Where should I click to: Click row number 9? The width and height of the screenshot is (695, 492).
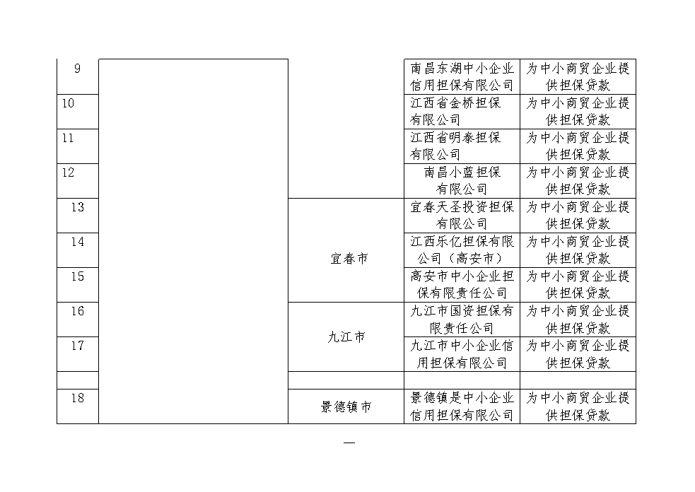[x=77, y=69]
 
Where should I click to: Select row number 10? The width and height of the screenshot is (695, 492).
[x=68, y=103]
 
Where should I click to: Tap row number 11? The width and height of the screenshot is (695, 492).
[x=68, y=139]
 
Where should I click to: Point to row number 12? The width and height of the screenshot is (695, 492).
[x=68, y=172]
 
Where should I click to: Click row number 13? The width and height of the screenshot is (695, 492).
[x=78, y=207]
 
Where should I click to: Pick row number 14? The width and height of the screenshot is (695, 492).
[x=78, y=242]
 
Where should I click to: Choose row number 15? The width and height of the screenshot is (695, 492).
[x=78, y=276]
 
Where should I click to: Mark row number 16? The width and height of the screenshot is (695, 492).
[x=78, y=311]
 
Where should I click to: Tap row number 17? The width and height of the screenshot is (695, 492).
[x=78, y=346]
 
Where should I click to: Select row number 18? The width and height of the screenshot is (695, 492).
[x=78, y=398]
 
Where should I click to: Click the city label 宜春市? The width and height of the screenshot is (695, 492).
[x=349, y=259]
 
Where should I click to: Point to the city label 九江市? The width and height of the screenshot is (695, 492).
[x=346, y=337]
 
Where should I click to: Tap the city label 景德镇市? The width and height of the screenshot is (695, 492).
[x=346, y=407]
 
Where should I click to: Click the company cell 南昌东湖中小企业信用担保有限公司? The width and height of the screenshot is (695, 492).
[x=462, y=76]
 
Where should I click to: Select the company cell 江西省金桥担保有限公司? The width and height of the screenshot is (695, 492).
[x=455, y=111]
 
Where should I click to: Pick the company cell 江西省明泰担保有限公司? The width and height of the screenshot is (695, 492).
[x=455, y=146]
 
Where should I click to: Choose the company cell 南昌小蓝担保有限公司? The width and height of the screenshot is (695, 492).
[x=462, y=181]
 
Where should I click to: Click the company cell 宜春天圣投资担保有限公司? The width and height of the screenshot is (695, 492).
[x=462, y=216]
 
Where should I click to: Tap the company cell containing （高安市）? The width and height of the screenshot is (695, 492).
[x=462, y=250]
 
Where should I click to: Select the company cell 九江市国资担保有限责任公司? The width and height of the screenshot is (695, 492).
[x=462, y=320]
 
